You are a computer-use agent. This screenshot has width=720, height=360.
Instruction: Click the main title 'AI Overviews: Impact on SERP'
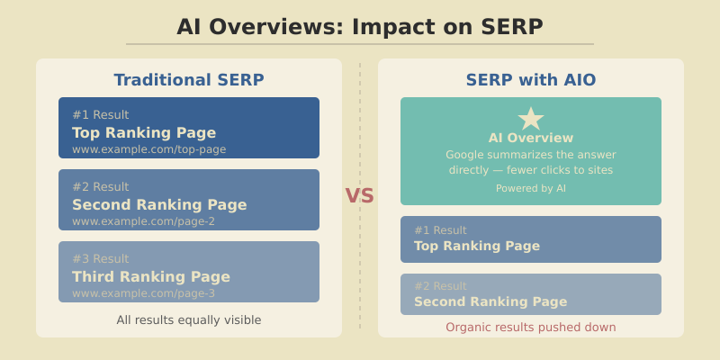(360, 27)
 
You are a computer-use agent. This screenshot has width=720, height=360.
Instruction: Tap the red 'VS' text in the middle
(359, 196)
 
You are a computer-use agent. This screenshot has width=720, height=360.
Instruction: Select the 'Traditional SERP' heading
(189, 80)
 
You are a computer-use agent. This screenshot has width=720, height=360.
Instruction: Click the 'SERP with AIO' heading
(531, 80)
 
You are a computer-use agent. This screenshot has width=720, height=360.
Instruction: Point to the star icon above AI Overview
(531, 119)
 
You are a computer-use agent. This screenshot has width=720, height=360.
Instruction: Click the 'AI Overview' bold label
(531, 138)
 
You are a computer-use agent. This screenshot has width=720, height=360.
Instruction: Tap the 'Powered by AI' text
(531, 188)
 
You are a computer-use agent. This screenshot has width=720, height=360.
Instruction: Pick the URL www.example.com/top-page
(149, 149)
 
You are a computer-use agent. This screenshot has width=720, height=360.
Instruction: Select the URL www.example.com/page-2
(144, 221)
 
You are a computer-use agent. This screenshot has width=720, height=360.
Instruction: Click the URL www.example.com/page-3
(144, 293)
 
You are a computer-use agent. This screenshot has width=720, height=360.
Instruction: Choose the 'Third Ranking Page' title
(151, 276)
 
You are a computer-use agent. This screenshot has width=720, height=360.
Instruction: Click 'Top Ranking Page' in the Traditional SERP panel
(144, 132)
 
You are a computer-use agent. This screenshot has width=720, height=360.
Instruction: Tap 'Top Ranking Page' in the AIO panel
(477, 246)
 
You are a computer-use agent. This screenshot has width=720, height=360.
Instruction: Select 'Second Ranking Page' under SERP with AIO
(490, 301)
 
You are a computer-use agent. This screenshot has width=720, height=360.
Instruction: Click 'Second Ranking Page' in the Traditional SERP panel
(159, 204)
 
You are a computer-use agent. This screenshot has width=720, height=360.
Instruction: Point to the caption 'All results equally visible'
(189, 319)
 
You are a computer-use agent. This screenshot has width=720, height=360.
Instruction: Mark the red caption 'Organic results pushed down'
(531, 327)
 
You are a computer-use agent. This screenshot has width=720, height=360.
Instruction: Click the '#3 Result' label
(101, 259)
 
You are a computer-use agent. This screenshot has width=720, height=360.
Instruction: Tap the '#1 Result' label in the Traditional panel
(101, 115)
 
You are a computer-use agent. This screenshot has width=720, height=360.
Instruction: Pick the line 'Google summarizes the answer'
(531, 155)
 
